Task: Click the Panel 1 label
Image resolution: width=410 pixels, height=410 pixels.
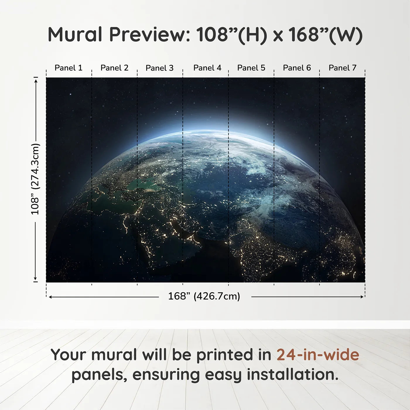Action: point(69,68)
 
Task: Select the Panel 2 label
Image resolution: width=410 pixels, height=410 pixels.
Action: point(115,68)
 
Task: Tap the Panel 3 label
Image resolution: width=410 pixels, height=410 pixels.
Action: point(160,68)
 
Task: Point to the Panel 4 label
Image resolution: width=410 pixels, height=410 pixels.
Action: point(207,68)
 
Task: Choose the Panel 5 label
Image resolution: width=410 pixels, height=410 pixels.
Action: point(251,68)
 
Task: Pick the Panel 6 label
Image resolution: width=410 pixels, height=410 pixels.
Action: point(297,68)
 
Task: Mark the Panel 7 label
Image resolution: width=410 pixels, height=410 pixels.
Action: point(343,68)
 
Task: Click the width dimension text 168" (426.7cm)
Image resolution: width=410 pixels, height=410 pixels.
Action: point(204,296)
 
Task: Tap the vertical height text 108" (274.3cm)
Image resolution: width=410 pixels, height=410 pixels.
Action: point(35,179)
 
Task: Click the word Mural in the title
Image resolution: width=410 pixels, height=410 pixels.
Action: point(75,35)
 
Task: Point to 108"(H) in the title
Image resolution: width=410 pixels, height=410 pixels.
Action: point(232,35)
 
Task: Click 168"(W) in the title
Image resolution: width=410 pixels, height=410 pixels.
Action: point(325,35)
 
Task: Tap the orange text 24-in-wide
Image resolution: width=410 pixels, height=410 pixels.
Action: point(318,355)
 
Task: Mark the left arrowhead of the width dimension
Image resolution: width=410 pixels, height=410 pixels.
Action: point(50,297)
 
